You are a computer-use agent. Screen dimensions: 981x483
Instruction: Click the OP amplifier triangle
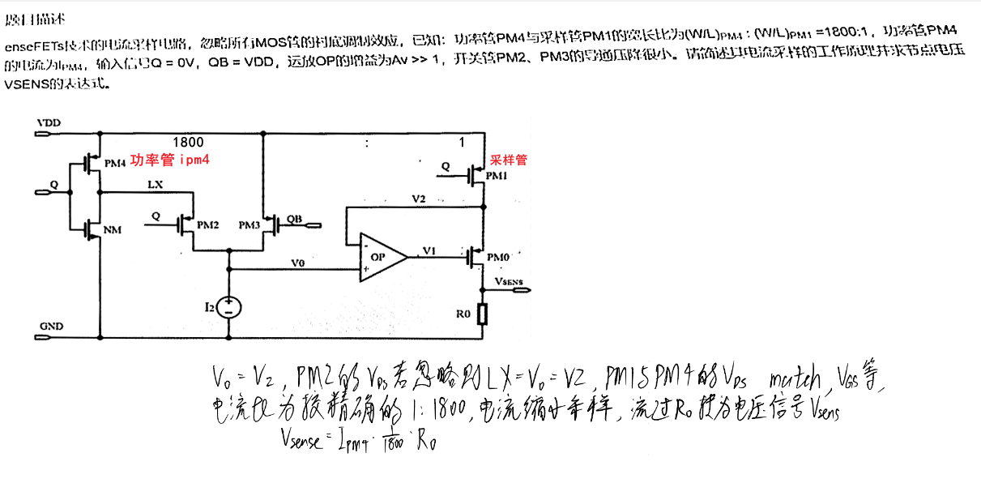(x=382, y=258)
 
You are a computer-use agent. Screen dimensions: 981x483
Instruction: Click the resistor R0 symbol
(x=484, y=314)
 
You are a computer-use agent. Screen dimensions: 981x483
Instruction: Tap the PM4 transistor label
(x=116, y=162)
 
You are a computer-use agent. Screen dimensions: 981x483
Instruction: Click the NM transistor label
(x=113, y=231)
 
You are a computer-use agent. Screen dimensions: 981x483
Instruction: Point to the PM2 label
(x=207, y=224)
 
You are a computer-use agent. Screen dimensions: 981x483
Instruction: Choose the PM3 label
(x=250, y=224)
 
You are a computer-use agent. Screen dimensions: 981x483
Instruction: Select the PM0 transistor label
(x=499, y=257)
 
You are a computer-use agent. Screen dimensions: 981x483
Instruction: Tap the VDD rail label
(x=48, y=122)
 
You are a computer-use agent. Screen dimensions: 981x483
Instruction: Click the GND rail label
(x=50, y=326)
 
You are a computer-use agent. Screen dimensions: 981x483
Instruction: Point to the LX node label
(x=156, y=185)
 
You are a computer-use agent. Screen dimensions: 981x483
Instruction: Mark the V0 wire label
(x=298, y=263)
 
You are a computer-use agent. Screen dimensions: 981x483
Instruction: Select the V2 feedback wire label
(x=418, y=199)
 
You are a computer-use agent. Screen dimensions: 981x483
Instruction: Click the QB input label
(x=294, y=219)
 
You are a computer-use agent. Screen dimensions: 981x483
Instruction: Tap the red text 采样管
(x=509, y=160)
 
